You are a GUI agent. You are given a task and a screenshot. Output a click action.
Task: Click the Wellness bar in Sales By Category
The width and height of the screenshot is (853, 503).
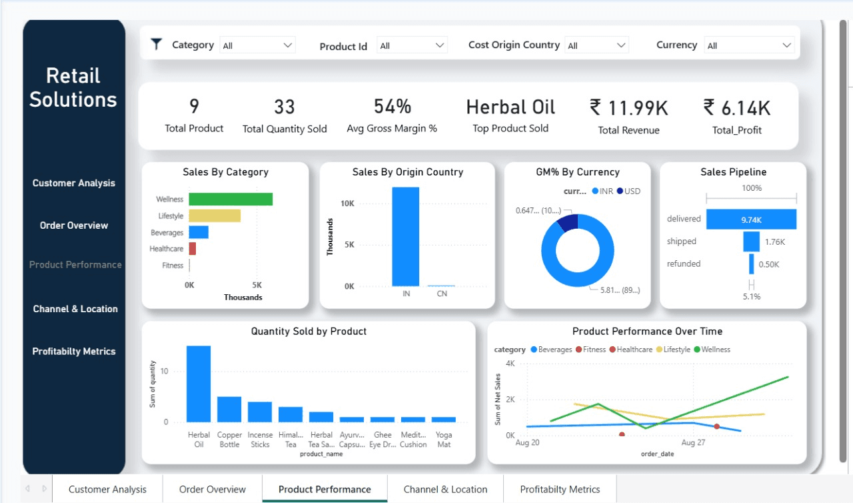click(231, 199)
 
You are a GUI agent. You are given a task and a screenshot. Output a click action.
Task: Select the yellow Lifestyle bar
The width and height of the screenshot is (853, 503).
click(215, 216)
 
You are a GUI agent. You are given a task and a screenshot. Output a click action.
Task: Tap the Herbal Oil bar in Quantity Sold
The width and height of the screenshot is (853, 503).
click(199, 384)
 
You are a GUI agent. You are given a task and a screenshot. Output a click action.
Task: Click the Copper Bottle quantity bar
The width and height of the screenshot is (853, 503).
click(229, 409)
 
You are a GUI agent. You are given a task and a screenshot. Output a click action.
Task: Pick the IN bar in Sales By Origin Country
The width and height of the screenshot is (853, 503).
click(406, 237)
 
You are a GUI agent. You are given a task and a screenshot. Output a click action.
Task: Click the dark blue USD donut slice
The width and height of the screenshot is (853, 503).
click(568, 222)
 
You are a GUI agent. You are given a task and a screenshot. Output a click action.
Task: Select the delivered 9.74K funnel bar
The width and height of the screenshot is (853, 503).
click(751, 219)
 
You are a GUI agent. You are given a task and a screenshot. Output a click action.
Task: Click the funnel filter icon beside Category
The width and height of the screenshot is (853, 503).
click(157, 45)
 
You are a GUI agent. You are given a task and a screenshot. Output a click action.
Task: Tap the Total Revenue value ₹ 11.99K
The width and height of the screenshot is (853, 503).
click(628, 107)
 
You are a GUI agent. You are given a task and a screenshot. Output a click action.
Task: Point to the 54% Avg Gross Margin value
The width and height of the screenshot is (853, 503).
click(392, 107)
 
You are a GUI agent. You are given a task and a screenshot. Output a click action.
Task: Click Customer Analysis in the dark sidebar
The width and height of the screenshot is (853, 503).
click(74, 183)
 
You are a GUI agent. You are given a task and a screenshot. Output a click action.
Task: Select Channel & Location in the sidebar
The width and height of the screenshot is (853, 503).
click(75, 309)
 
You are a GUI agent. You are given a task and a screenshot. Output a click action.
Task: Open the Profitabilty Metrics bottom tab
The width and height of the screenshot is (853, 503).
click(560, 489)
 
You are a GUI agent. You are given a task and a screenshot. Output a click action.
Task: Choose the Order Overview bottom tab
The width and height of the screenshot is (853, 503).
click(213, 489)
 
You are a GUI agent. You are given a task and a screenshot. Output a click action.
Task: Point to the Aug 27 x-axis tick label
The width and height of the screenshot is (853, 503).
click(693, 442)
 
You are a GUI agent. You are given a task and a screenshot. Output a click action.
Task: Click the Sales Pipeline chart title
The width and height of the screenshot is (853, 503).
click(733, 172)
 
